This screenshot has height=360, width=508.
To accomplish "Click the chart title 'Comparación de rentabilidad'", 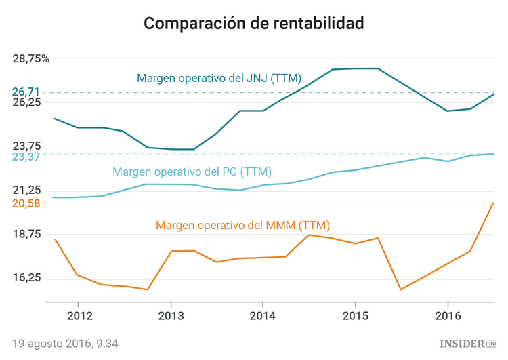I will [x=254, y=24].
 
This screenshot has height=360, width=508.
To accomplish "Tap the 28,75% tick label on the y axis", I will [x=31, y=58].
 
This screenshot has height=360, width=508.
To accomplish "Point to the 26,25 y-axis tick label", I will [x=27, y=102].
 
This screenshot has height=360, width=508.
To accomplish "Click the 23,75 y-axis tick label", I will [x=27, y=146].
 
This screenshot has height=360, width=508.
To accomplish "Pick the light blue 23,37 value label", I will [x=26, y=157].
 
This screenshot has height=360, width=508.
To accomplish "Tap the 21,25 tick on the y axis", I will [x=27, y=191].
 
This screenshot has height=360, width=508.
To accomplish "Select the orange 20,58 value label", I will [x=26, y=203].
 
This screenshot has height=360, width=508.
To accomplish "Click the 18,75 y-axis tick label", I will [x=27, y=235].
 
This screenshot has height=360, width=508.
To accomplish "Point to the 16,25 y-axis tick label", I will [x=27, y=279].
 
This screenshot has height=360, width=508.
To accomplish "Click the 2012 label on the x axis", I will [x=79, y=317].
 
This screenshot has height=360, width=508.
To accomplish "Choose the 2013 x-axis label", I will [x=171, y=317].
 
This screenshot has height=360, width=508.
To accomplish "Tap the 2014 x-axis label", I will [x=263, y=317].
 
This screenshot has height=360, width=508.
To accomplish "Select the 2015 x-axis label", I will [x=355, y=317].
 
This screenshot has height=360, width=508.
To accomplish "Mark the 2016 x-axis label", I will [x=447, y=317].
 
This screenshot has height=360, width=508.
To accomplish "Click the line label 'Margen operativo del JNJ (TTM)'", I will [x=219, y=79].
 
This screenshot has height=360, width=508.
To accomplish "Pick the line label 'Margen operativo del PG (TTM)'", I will [x=192, y=172].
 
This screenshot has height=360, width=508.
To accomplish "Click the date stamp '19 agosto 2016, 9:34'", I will [x=65, y=343].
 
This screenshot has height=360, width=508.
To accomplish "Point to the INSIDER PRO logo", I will [x=468, y=344].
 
